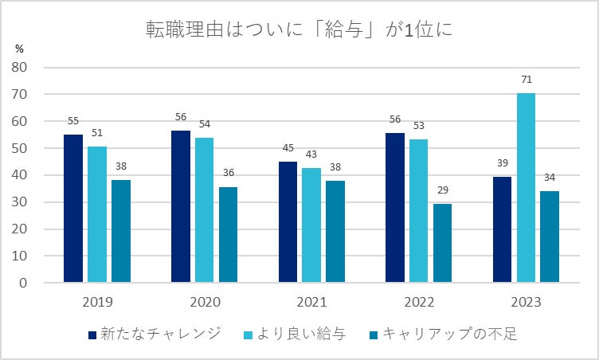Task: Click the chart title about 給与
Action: (300, 30)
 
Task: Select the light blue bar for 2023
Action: (526, 188)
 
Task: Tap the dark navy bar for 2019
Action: (73, 208)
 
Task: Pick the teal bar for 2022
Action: (442, 243)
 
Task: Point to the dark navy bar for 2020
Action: (181, 205)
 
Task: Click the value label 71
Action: (526, 80)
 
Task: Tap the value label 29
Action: (442, 191)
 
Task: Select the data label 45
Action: (288, 149)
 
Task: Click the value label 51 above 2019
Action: (97, 133)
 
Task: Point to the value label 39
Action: (502, 164)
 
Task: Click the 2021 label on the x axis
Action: (312, 303)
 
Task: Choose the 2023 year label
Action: (526, 303)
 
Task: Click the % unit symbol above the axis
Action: (19, 48)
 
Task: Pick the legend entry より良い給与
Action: (299, 334)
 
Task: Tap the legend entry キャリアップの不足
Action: (446, 334)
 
